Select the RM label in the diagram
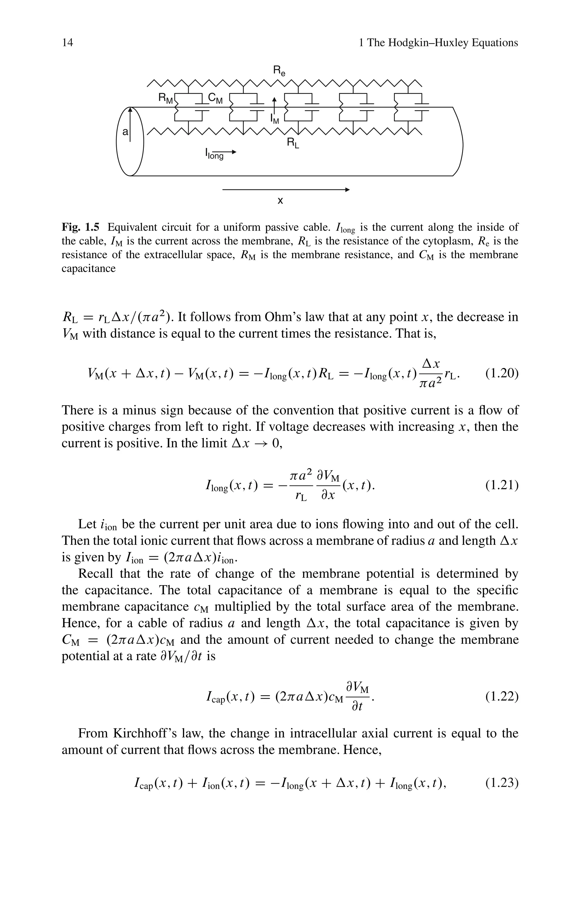coord(166,99)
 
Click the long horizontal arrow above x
coord(286,190)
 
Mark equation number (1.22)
coord(502,697)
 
